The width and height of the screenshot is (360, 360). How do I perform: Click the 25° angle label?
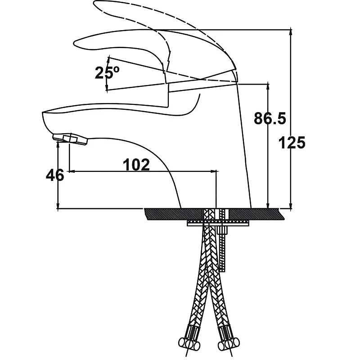[107, 73]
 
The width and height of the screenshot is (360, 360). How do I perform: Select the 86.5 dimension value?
[270, 118]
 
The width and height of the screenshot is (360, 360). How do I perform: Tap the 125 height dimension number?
[292, 143]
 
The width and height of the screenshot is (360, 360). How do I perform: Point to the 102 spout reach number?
[136, 165]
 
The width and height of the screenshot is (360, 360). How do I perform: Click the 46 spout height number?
[55, 175]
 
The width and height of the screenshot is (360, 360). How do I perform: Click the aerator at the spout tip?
[71, 139]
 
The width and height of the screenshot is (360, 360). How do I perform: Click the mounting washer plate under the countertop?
[218, 223]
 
